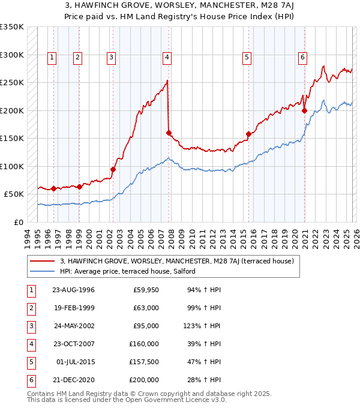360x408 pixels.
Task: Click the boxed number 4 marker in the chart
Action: tap(166, 58)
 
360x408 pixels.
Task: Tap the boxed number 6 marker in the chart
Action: tap(302, 58)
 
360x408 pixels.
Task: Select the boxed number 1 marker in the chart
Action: tap(52, 58)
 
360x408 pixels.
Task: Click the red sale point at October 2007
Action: tap(169, 133)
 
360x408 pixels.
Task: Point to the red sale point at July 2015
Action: tap(248, 134)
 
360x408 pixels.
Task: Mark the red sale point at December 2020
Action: tap(304, 110)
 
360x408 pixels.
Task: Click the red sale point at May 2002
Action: tap(113, 169)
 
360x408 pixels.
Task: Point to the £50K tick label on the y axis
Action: tap(14, 194)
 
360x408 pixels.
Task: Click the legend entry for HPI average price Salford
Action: tap(127, 271)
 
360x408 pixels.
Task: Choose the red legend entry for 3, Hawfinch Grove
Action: tap(176, 261)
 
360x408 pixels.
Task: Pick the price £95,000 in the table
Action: tap(146, 326)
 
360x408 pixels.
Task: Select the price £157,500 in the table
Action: tap(144, 362)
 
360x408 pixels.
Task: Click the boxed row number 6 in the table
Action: tap(30, 380)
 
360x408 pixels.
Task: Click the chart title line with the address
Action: tap(180, 7)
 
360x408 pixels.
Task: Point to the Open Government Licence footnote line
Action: tap(127, 400)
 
